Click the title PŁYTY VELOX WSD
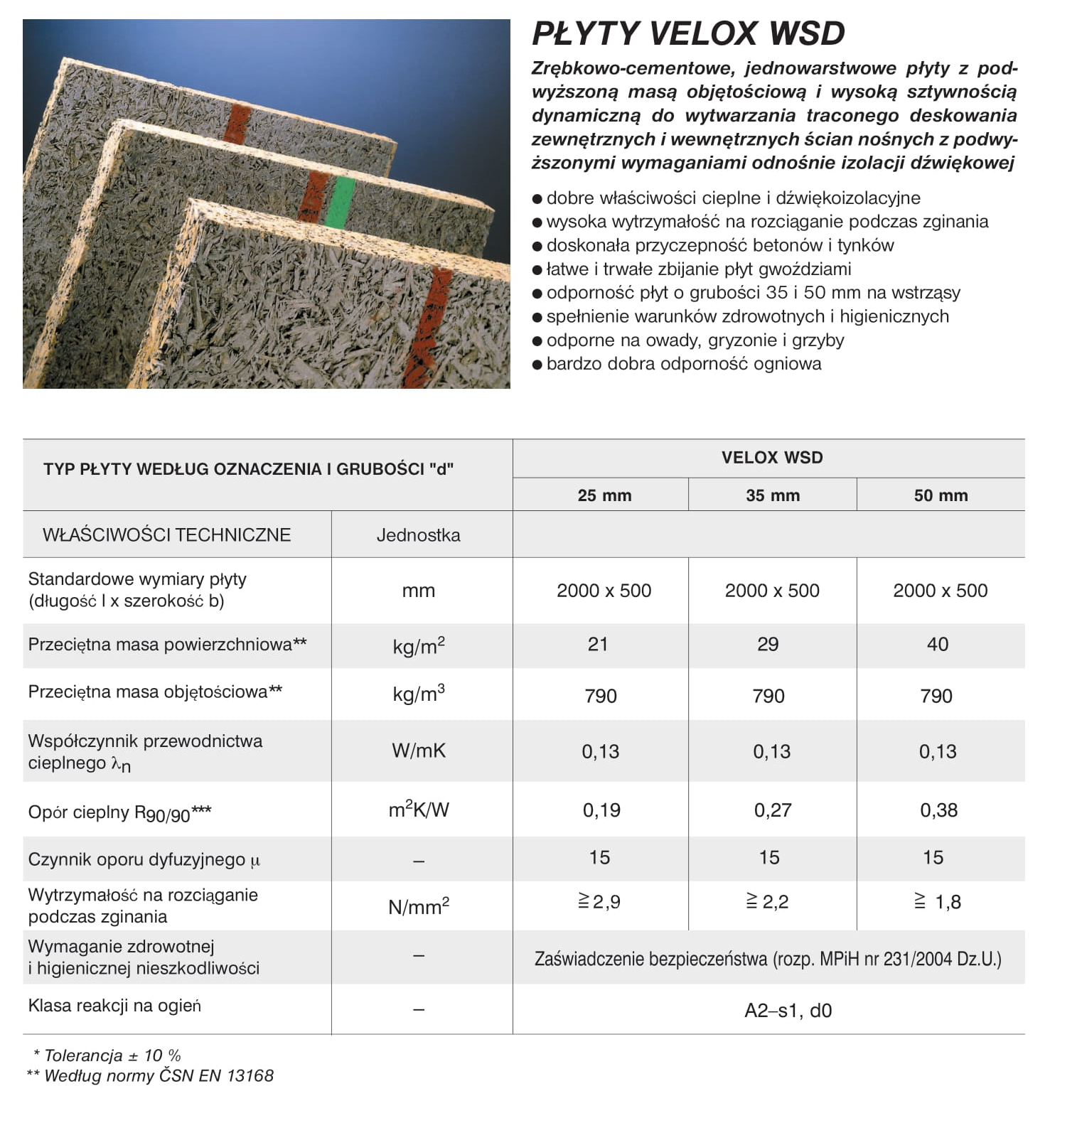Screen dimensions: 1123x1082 tap(688, 33)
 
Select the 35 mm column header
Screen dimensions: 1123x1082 tap(773, 495)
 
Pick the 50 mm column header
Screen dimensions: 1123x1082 tap(941, 495)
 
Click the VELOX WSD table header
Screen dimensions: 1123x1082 tap(772, 458)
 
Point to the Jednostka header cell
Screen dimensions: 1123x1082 tap(418, 535)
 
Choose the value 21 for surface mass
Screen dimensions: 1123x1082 tap(598, 645)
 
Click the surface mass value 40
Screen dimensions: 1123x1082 tap(938, 645)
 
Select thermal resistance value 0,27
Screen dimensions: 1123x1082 tap(773, 810)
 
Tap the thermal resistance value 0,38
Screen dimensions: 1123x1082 tap(938, 810)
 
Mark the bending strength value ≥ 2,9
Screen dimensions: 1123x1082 tap(599, 902)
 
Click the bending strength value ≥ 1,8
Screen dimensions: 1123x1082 tap(938, 902)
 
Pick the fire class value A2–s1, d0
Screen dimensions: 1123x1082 tap(788, 1010)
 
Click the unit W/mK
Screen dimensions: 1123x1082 tap(419, 751)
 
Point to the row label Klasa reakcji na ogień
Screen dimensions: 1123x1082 tap(114, 1006)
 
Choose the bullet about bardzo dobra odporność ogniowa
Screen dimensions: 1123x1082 tap(683, 364)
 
